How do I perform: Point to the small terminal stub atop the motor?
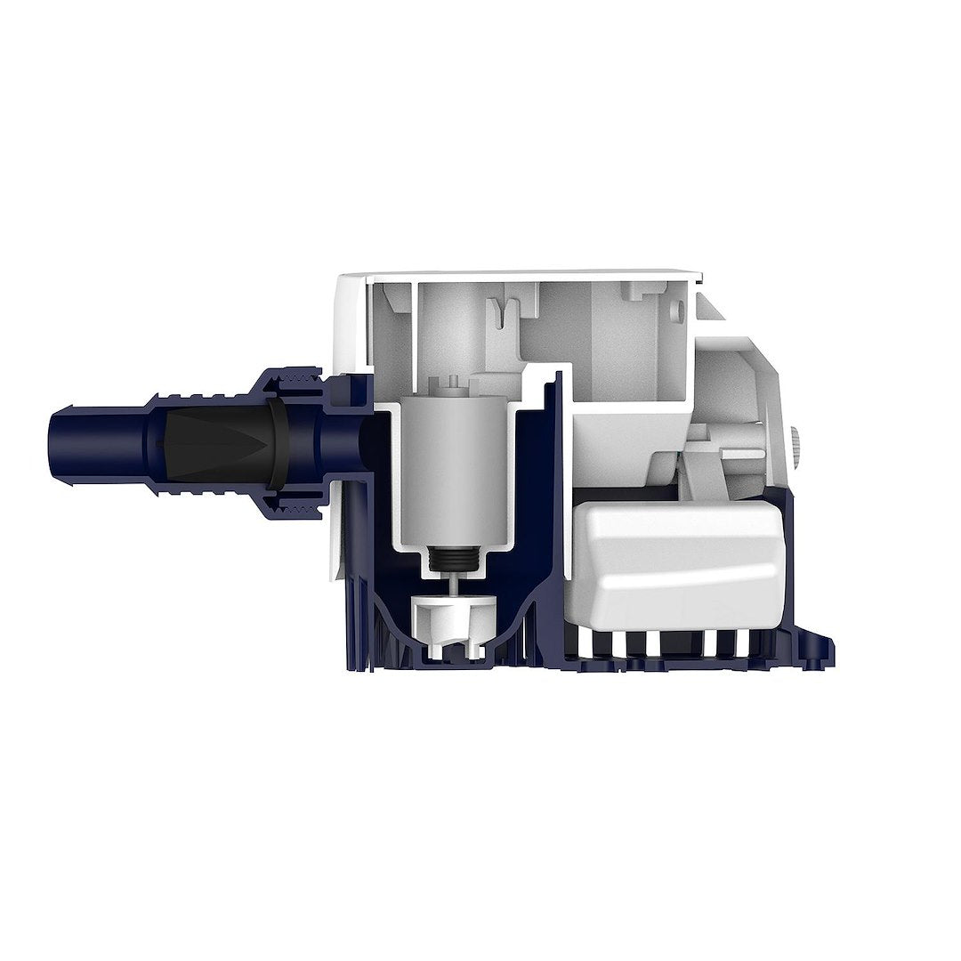tap(453, 384)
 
